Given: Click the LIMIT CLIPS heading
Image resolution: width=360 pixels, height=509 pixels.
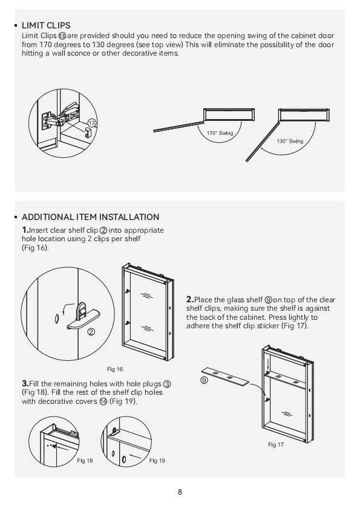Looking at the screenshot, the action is [46, 25].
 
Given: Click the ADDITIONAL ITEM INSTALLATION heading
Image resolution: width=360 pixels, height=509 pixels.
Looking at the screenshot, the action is [90, 217].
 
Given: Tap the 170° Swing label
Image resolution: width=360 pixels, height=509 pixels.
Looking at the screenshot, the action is [220, 133].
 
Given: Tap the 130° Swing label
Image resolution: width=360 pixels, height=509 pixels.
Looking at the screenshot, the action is [290, 141].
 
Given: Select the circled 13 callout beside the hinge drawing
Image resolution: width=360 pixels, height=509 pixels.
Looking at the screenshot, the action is [93, 123].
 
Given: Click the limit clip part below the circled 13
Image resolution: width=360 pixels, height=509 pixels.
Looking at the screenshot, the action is [89, 132].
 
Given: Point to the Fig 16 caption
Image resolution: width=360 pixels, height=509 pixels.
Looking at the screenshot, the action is [115, 369].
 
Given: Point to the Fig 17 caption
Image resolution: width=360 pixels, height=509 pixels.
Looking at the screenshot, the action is [276, 445].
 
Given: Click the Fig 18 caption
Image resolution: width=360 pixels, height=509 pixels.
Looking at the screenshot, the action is [85, 461].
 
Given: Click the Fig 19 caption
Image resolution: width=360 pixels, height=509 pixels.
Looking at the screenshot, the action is [157, 461].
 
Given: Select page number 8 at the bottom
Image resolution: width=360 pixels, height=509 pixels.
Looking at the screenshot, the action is [180, 492].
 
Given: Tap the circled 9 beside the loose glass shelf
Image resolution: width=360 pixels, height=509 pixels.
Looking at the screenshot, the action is [204, 380].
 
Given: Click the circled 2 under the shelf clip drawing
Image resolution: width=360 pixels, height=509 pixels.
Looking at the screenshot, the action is [91, 332].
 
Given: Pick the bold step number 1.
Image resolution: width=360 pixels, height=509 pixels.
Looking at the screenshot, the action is [25, 230].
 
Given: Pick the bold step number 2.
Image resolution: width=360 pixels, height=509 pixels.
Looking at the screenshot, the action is [190, 299].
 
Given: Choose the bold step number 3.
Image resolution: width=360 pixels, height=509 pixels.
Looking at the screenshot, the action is [25, 383].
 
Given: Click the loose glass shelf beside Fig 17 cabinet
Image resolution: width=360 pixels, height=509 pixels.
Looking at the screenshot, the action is [225, 377].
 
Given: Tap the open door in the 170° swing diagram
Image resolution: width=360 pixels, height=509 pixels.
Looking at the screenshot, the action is [178, 126].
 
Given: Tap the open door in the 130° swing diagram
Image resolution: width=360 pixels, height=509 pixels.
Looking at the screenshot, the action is [263, 142].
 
